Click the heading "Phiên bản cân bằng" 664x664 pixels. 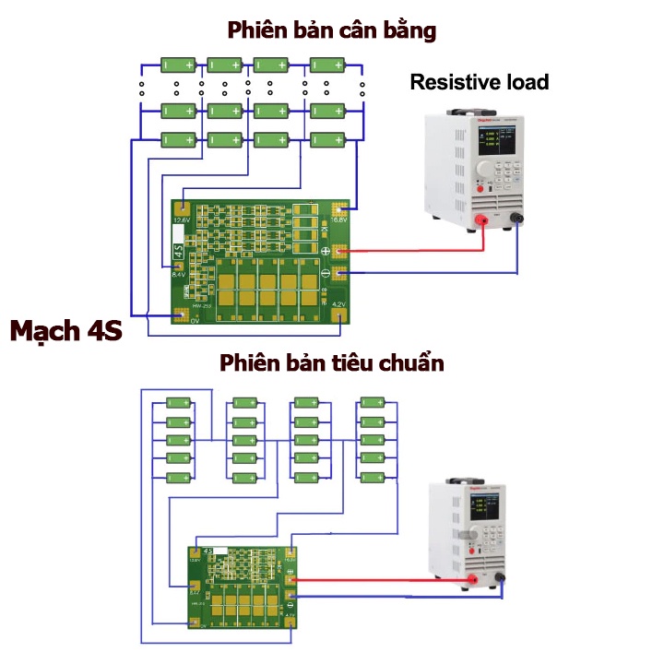coord(332,30)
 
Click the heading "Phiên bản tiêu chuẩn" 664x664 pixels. coord(332,362)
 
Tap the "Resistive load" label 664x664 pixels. coord(479,82)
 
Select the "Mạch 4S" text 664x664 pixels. coord(66,331)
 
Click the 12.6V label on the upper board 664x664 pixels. coord(182,220)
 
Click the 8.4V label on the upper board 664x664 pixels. coord(179,274)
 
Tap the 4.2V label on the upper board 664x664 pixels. coord(338,304)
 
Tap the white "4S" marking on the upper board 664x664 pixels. coord(178,252)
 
